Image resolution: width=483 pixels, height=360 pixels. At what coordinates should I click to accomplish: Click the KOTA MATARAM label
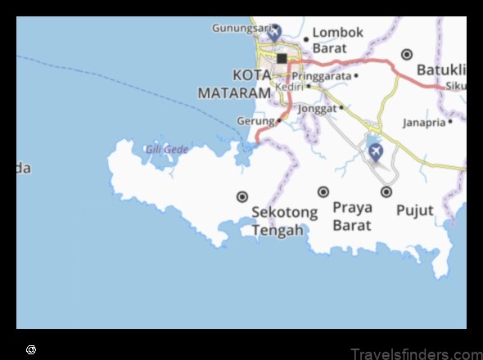[x=234, y=85]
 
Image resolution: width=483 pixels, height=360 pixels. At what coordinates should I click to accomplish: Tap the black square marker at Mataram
[x=282, y=58]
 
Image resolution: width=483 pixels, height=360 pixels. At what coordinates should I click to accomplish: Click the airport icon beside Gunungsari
[x=274, y=32]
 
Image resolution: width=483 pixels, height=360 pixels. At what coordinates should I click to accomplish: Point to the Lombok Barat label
[x=337, y=40]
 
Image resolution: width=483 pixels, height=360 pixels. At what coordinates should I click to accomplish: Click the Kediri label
[x=289, y=86]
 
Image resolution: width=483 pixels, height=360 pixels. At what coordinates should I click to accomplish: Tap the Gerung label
[x=255, y=120]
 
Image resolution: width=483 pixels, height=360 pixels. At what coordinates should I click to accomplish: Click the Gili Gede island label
[x=166, y=149]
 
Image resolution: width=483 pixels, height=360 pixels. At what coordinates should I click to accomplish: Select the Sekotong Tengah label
[x=284, y=221]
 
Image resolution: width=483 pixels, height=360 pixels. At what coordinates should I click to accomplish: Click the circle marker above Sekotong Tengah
[x=242, y=196]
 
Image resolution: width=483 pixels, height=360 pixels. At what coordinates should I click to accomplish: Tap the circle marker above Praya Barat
[x=323, y=191]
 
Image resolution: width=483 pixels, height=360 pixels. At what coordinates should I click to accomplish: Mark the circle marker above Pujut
[x=386, y=191]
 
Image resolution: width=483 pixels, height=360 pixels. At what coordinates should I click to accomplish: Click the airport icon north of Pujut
[x=375, y=151]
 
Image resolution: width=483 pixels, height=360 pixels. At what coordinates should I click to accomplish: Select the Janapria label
[x=424, y=122]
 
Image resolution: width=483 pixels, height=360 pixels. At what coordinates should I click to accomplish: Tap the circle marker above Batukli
[x=407, y=54]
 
